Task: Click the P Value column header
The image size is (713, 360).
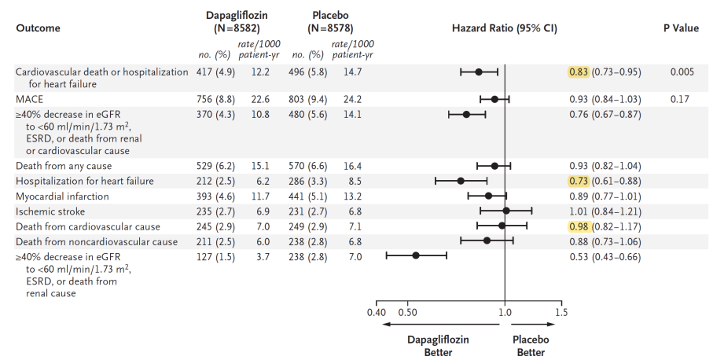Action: [x=681, y=28]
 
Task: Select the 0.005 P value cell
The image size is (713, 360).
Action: [x=682, y=72]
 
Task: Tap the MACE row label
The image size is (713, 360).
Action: [x=30, y=99]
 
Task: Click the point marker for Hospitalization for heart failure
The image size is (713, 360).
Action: [x=461, y=181]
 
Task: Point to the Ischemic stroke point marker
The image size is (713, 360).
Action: [x=506, y=211]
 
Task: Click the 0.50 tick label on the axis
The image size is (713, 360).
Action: [x=407, y=313]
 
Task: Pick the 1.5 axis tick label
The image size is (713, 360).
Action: [x=561, y=313]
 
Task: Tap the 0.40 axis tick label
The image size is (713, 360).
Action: [x=377, y=313]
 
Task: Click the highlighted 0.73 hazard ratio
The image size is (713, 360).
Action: [x=579, y=181]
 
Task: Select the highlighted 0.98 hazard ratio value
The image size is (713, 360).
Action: [x=579, y=226]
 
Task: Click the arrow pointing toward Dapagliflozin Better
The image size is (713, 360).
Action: [x=441, y=324]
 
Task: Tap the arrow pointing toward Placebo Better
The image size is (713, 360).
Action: [x=532, y=324]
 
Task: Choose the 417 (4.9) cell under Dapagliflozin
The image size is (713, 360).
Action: [x=215, y=72]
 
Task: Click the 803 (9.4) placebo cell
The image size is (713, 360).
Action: [x=308, y=99]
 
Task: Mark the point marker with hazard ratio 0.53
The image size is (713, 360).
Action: [x=416, y=255]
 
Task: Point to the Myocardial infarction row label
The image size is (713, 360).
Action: [x=62, y=197]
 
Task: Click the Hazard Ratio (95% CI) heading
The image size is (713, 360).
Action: [x=504, y=28]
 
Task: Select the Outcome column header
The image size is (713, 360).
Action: [x=39, y=28]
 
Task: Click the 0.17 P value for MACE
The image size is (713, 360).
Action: [x=680, y=99]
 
